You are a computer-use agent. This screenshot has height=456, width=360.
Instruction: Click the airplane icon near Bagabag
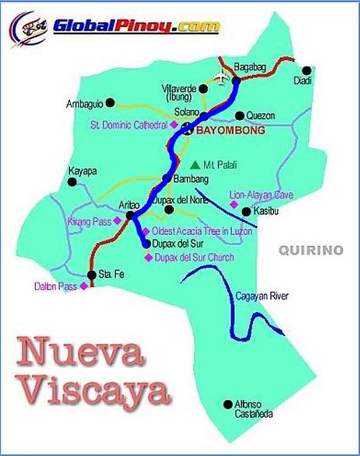(221, 75)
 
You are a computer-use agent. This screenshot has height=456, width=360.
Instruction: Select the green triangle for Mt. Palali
(195, 164)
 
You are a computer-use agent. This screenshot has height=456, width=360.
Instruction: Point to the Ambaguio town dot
(111, 103)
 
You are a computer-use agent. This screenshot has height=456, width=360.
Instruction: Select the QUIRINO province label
(311, 251)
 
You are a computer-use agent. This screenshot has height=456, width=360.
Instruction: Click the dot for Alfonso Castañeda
(227, 404)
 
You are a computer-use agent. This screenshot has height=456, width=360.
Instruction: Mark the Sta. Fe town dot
(92, 275)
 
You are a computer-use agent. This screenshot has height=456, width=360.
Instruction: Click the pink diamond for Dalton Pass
(84, 286)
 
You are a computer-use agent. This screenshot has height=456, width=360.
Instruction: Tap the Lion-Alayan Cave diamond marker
(234, 203)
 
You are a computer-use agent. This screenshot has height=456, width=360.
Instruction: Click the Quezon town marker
(239, 115)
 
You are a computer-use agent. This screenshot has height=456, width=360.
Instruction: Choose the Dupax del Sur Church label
(193, 257)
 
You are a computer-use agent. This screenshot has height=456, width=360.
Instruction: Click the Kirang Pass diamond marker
(117, 220)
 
